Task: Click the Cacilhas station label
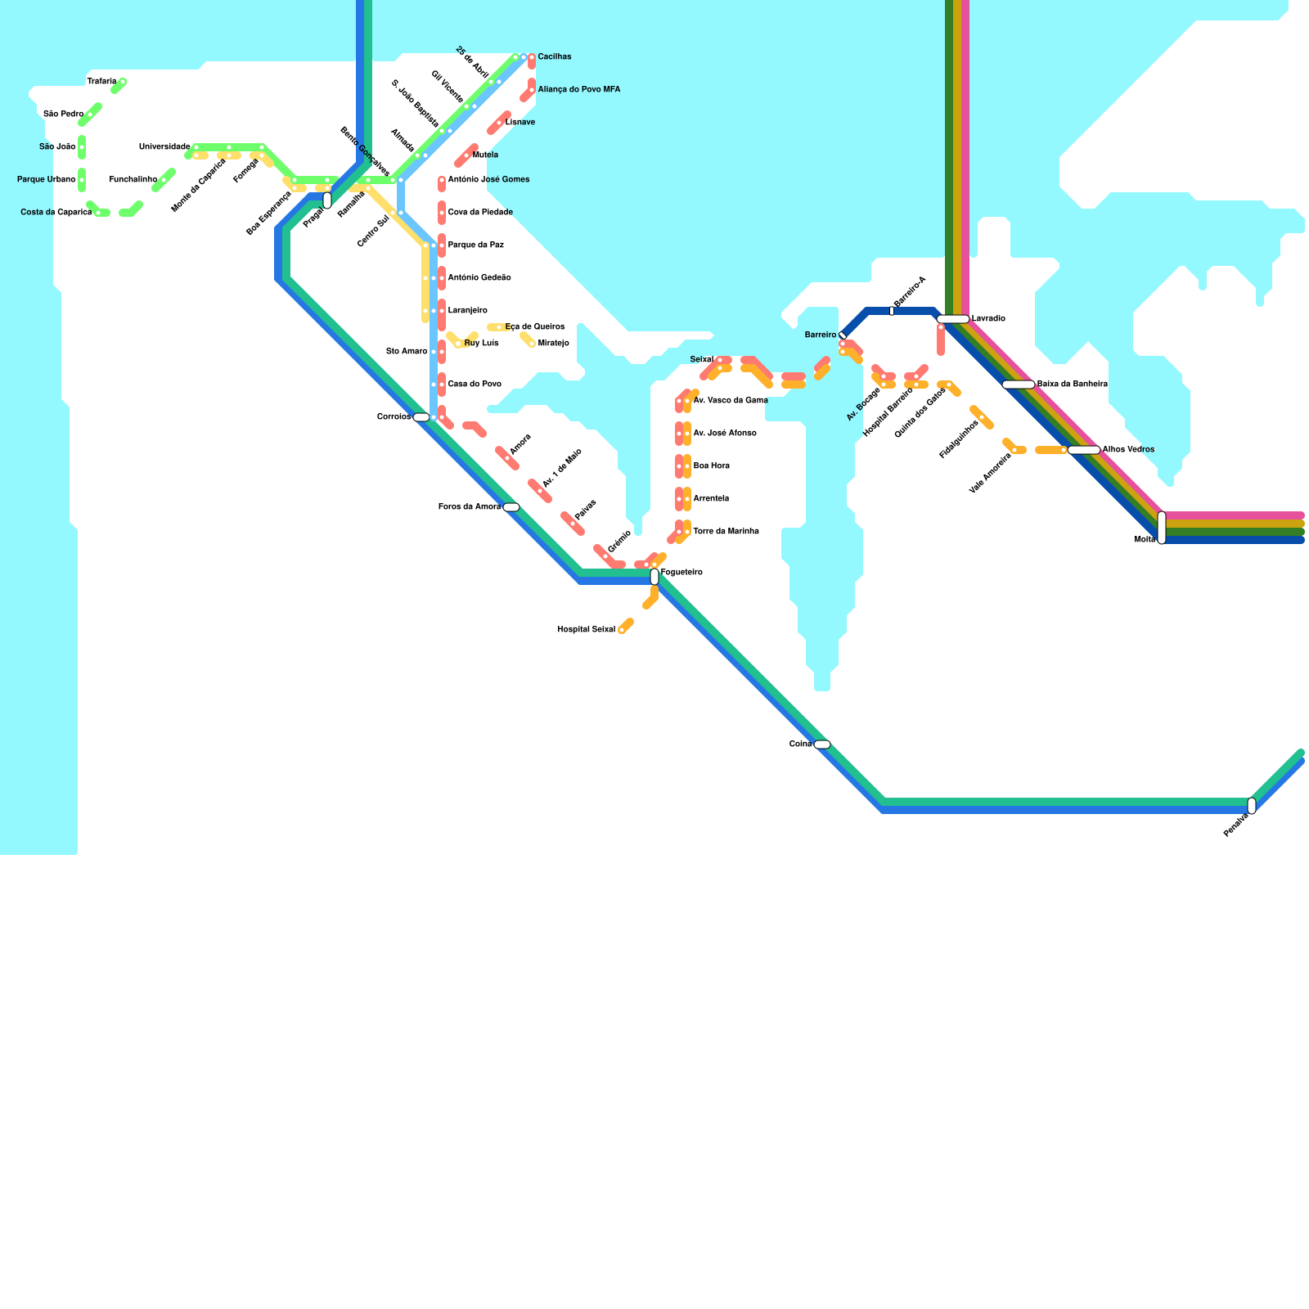pyautogui.click(x=554, y=57)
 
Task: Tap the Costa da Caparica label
pyautogui.click(x=56, y=213)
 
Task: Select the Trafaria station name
pyautogui.click(x=101, y=82)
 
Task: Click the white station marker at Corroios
pyautogui.click(x=421, y=417)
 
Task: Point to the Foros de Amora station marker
pyautogui.click(x=511, y=507)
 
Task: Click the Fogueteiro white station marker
pyautogui.click(x=654, y=577)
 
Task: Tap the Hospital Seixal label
pyautogui.click(x=586, y=630)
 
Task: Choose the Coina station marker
pyautogui.click(x=822, y=744)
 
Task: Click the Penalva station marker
pyautogui.click(x=1252, y=806)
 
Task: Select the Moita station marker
pyautogui.click(x=1162, y=528)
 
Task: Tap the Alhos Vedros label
pyautogui.click(x=1128, y=450)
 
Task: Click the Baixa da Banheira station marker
pyautogui.click(x=1019, y=385)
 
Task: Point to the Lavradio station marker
pyautogui.click(x=953, y=319)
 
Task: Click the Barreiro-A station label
pyautogui.click(x=910, y=292)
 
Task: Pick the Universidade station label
pyautogui.click(x=164, y=147)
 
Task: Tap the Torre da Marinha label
pyautogui.click(x=726, y=532)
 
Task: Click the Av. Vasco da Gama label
pyautogui.click(x=730, y=401)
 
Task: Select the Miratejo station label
pyautogui.click(x=553, y=344)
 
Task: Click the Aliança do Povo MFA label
pyautogui.click(x=578, y=90)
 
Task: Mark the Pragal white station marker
pyautogui.click(x=327, y=200)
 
